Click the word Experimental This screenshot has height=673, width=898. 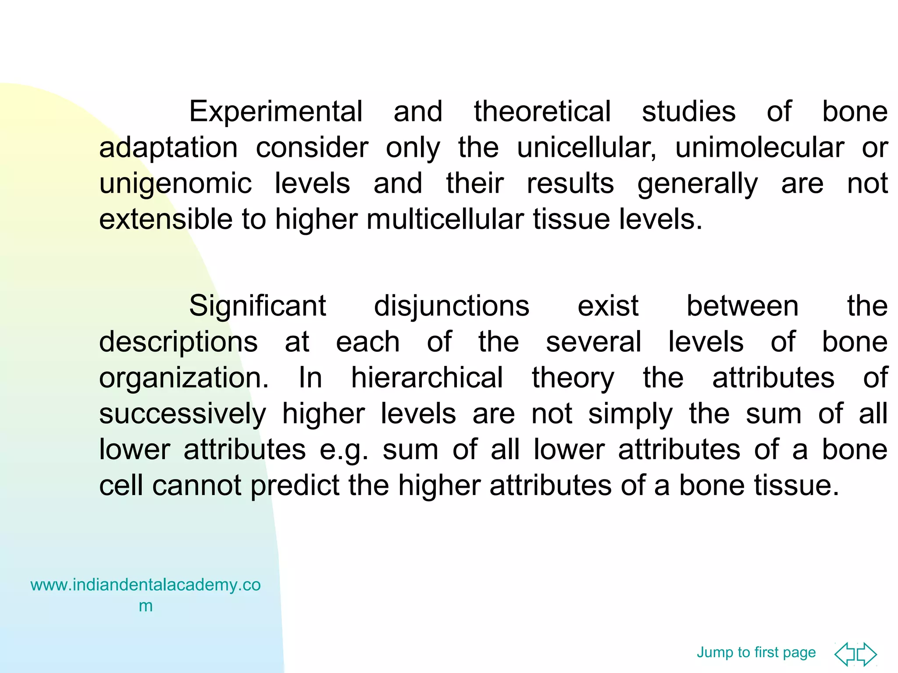point(275,112)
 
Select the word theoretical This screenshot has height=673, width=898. point(542,112)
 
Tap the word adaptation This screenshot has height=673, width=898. point(168,148)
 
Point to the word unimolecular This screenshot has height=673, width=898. point(759,148)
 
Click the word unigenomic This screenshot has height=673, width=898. point(175,184)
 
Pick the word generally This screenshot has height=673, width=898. point(697,184)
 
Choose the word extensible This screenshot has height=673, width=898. point(165,219)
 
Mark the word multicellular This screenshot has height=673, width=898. point(445,219)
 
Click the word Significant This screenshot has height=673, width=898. point(257,306)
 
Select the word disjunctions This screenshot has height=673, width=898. point(452,306)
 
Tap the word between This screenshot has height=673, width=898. point(742,306)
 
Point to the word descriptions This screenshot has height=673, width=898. point(178,342)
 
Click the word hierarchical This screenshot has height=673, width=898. point(427,378)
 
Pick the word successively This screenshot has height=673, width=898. point(182,414)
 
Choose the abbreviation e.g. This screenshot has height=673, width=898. point(344,450)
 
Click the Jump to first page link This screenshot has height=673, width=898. point(756,652)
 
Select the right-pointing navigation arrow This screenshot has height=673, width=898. point(867,654)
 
